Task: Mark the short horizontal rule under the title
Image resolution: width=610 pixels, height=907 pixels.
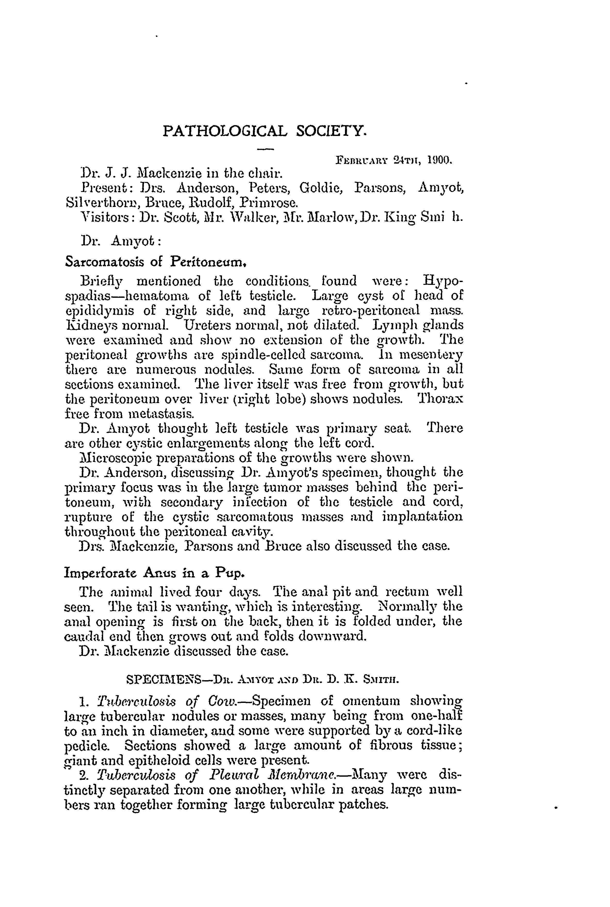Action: tap(266, 149)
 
